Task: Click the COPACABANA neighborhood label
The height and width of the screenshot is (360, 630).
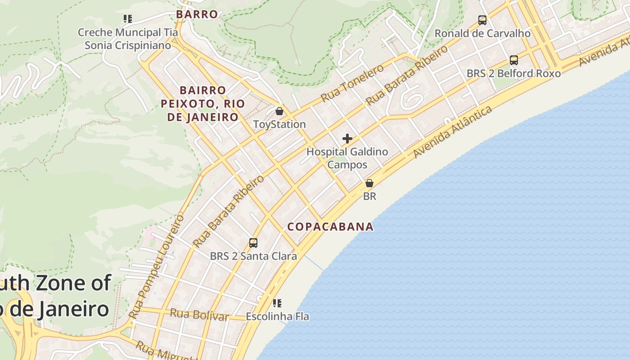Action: point(330,227)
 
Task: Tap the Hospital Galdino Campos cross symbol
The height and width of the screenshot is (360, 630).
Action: point(347,139)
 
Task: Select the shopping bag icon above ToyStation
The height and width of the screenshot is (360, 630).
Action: point(279,111)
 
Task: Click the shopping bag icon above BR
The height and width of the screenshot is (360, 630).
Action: point(369,183)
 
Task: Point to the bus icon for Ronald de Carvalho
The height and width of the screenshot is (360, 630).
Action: point(482,20)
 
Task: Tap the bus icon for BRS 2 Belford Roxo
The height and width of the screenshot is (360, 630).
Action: point(513,60)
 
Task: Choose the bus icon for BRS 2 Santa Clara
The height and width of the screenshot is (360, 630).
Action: point(253,243)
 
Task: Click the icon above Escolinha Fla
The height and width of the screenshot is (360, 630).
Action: point(277,303)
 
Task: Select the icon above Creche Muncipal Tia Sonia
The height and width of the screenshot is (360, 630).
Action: point(128,19)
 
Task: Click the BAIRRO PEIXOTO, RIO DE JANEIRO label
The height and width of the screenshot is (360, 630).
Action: point(203,104)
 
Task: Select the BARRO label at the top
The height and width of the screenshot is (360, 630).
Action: point(197,14)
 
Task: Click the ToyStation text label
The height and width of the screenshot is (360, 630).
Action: point(279,125)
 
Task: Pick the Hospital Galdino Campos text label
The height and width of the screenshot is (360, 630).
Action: point(347,158)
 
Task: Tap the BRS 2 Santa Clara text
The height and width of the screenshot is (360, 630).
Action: point(253,256)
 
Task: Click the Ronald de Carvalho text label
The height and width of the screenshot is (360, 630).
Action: point(482,34)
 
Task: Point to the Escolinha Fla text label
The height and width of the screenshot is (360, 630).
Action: point(277,317)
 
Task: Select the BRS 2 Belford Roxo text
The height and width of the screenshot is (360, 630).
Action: point(513,74)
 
